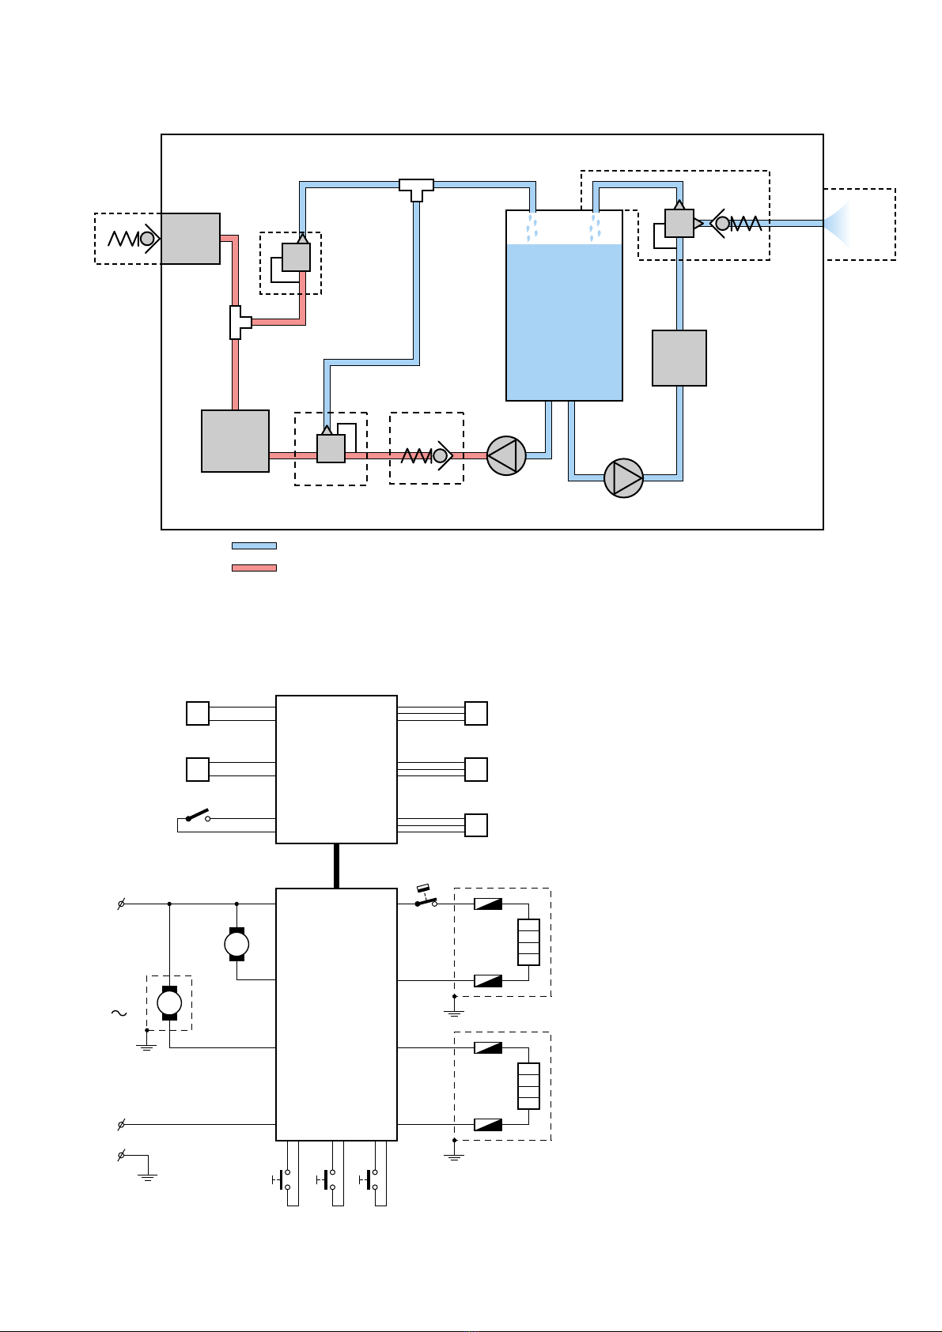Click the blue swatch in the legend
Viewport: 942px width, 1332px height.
(x=254, y=545)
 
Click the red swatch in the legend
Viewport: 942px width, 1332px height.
(x=254, y=568)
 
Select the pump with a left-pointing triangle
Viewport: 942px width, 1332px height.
(x=506, y=456)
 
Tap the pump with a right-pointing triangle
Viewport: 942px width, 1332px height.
(x=623, y=478)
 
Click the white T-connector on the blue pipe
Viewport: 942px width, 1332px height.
(x=416, y=189)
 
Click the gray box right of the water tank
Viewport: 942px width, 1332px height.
(x=679, y=358)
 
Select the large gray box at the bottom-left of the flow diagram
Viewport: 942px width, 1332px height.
(x=235, y=441)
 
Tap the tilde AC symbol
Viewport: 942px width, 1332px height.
(x=119, y=1013)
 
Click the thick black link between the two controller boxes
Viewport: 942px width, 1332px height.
(x=336, y=866)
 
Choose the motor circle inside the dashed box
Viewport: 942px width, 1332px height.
(x=169, y=1003)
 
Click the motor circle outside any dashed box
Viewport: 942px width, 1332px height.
(x=236, y=944)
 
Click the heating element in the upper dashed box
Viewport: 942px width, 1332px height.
(x=528, y=942)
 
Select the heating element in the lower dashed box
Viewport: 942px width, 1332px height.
(x=528, y=1086)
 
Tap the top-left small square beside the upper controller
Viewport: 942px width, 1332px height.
(x=198, y=713)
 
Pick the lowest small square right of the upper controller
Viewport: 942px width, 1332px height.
(x=476, y=825)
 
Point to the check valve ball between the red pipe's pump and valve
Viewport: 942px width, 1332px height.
(x=441, y=455)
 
